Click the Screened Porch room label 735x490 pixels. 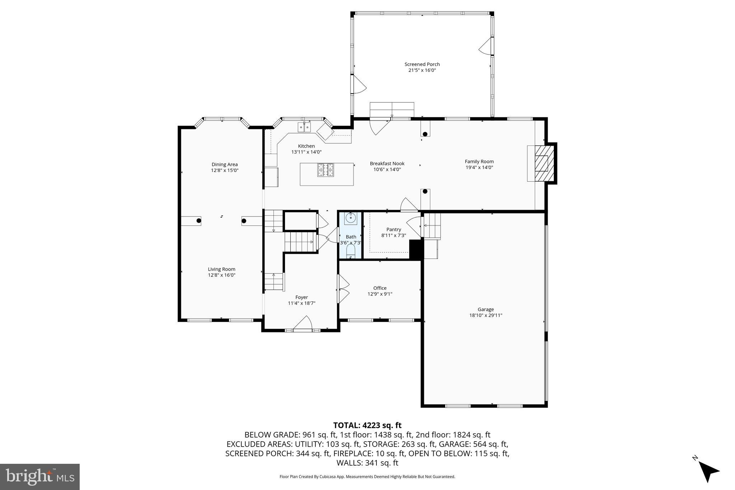click(422, 64)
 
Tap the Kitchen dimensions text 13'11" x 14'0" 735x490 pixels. click(306, 152)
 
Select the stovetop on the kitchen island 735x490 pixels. click(325, 170)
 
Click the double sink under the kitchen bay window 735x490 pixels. click(304, 127)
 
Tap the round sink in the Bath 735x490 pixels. click(351, 218)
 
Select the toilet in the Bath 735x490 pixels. click(351, 250)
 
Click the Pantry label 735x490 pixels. click(394, 229)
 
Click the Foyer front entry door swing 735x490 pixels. click(303, 323)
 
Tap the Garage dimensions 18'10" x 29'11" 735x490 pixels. click(486, 316)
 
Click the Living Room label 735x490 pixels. click(221, 269)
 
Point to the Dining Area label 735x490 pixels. click(224, 165)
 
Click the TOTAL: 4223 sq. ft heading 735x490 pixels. click(367, 425)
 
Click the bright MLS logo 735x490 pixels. click(40, 477)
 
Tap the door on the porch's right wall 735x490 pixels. click(486, 46)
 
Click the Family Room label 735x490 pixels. click(479, 162)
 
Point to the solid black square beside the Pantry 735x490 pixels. click(416, 249)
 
